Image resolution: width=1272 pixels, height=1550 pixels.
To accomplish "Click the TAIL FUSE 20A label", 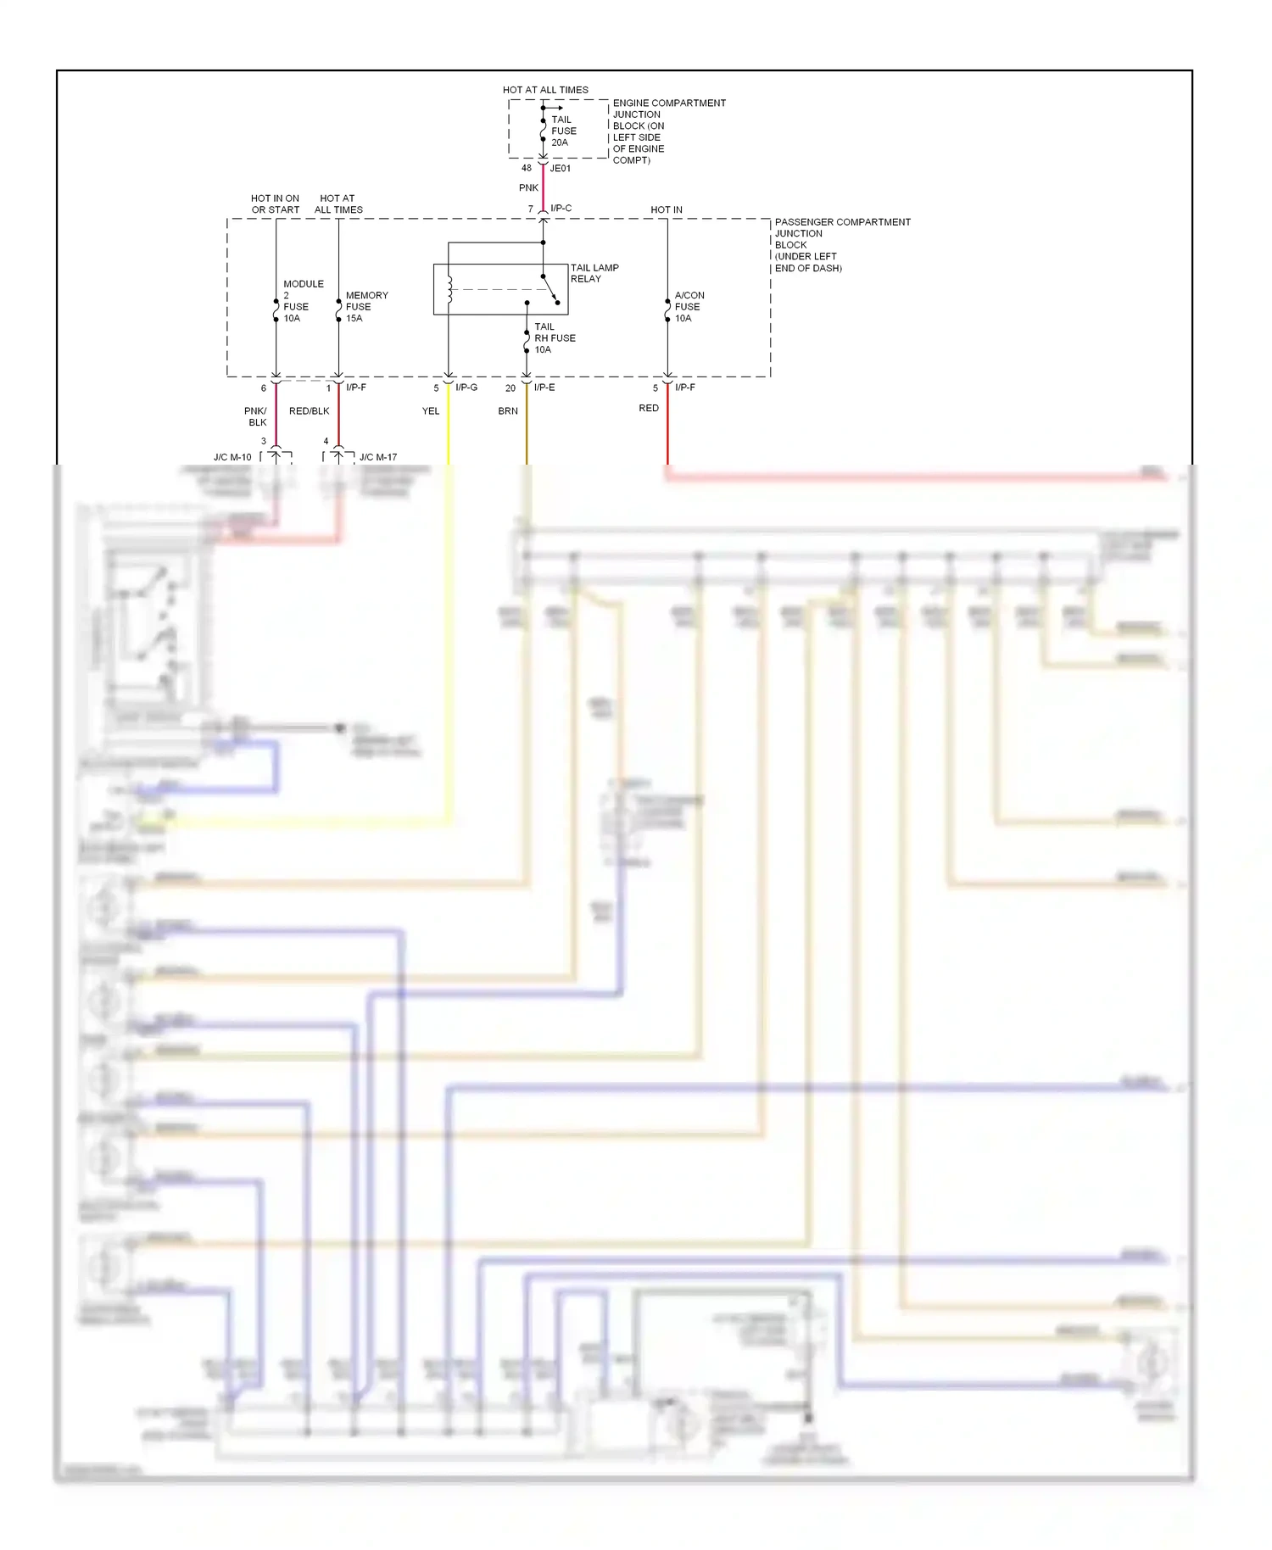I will click(563, 131).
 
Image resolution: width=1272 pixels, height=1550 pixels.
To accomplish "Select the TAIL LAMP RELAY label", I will click(594, 273).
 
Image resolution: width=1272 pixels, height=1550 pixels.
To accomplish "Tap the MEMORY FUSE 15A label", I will click(365, 307).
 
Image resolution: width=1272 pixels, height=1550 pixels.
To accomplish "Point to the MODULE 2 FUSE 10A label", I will click(302, 301).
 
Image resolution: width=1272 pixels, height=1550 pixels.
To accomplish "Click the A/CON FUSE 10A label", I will click(689, 307).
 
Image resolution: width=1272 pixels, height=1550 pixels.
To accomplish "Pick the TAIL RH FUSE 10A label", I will click(554, 338).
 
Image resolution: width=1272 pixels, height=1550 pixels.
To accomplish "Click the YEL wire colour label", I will click(431, 411).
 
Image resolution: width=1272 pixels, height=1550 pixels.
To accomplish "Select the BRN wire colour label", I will click(508, 411).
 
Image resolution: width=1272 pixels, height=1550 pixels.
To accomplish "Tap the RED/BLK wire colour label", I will click(309, 411).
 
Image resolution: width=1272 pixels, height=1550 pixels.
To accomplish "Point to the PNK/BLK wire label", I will click(256, 416).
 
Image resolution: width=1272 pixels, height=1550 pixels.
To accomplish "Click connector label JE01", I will click(561, 169).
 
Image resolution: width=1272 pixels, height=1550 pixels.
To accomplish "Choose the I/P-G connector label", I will click(466, 387).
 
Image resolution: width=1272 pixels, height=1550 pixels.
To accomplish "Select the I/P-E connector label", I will click(544, 387).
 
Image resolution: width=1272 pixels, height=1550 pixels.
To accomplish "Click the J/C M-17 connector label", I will click(378, 457).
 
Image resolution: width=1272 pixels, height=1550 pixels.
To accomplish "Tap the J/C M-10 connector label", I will click(232, 457).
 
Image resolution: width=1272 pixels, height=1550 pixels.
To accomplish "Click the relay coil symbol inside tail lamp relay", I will click(449, 288).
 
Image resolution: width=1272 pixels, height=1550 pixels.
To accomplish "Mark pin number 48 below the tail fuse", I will click(527, 169).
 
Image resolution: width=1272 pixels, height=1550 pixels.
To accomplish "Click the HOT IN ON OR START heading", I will click(275, 204).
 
